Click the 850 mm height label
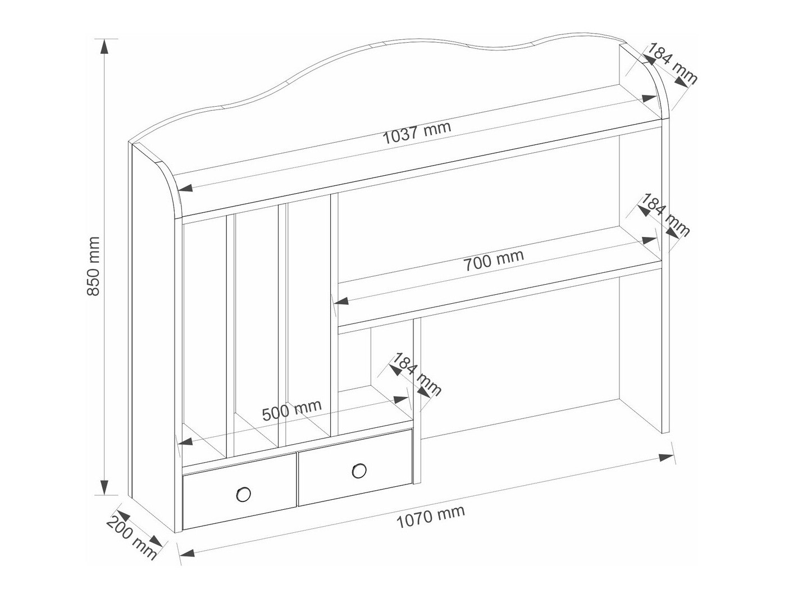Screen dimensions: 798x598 pyautogui.click(x=93, y=266)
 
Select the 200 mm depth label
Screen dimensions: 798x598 pyautogui.click(x=131, y=542)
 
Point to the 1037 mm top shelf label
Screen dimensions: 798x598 pyautogui.click(x=417, y=133)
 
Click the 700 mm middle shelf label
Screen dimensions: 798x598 pyautogui.click(x=493, y=260)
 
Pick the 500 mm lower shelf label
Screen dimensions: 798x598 pyautogui.click(x=292, y=410)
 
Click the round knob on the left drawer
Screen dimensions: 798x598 pyautogui.click(x=243, y=494)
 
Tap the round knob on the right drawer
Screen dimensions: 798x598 pyautogui.click(x=359, y=471)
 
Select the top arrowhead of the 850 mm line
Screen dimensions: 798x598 pyautogui.click(x=104, y=47)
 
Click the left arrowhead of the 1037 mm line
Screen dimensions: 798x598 pyautogui.click(x=185, y=188)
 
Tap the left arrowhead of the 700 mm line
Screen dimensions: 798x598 pyautogui.click(x=341, y=301)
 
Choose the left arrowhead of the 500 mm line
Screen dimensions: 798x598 pyautogui.click(x=185, y=442)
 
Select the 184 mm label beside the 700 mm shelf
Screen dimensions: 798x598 pyautogui.click(x=665, y=215)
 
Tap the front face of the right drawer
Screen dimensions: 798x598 pyautogui.click(x=355, y=468)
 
